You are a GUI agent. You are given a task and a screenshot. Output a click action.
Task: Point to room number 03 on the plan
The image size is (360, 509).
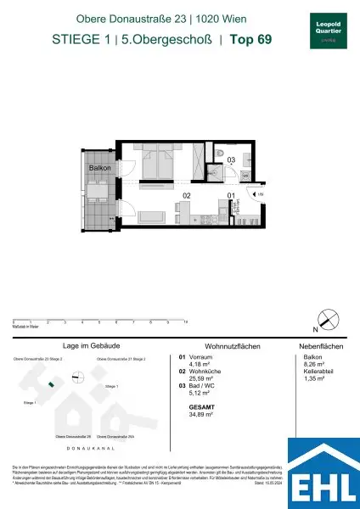230,159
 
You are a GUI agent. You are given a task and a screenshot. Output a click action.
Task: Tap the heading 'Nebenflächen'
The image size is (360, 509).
319,346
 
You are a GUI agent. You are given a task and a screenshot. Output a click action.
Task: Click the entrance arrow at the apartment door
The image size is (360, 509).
260,194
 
